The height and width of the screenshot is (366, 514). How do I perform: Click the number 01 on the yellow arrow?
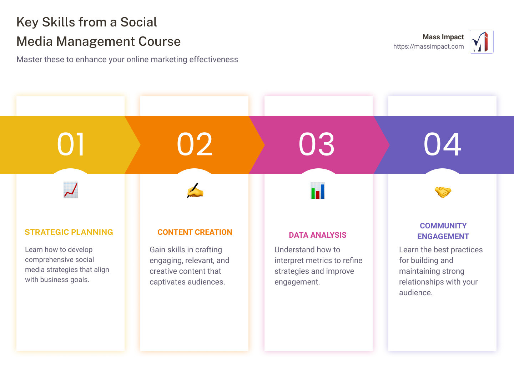[71, 144]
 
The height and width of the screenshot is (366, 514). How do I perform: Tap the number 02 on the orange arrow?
[195, 144]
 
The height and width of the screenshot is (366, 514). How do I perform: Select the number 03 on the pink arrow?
[317, 144]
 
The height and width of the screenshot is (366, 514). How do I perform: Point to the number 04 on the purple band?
[442, 144]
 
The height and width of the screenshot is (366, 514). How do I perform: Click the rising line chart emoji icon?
[71, 190]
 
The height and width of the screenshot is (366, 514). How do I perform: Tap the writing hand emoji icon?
[195, 191]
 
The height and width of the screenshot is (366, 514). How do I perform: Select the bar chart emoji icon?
[318, 191]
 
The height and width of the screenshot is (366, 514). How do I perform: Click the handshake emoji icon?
[443, 192]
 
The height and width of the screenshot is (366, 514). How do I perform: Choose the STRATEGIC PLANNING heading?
[69, 232]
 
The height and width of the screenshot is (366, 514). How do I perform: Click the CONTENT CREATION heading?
[195, 232]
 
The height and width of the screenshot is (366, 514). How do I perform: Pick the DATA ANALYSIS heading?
[318, 235]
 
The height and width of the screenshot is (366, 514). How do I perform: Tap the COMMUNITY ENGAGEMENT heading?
[443, 231]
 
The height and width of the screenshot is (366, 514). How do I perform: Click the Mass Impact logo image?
[482, 42]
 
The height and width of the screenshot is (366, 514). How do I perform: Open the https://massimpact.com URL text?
[428, 46]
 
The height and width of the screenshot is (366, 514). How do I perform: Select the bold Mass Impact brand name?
[443, 37]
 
